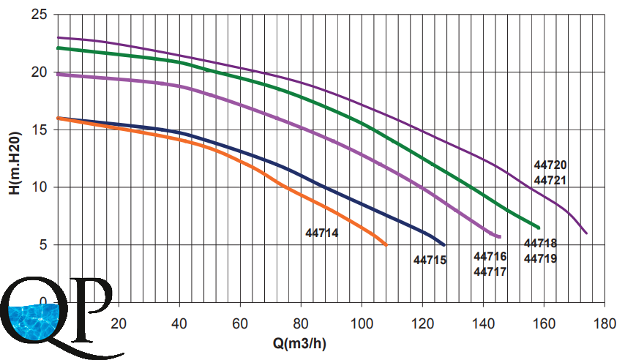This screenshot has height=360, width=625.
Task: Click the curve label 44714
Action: [x=321, y=233]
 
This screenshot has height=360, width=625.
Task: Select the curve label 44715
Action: [x=430, y=259]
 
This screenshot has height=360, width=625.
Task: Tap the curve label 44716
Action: [x=490, y=256]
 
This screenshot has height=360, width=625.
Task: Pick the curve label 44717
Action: [x=490, y=271]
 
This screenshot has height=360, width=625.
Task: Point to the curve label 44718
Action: [x=541, y=243]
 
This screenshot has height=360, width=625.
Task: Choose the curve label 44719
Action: [x=541, y=258]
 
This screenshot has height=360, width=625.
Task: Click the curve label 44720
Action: [x=551, y=165]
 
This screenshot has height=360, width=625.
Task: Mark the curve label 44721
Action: [x=551, y=180]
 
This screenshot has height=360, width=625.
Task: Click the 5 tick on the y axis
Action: [x=43, y=244]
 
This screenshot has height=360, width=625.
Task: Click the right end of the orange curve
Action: [x=386, y=244]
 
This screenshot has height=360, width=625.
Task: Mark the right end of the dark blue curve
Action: [x=444, y=244]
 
